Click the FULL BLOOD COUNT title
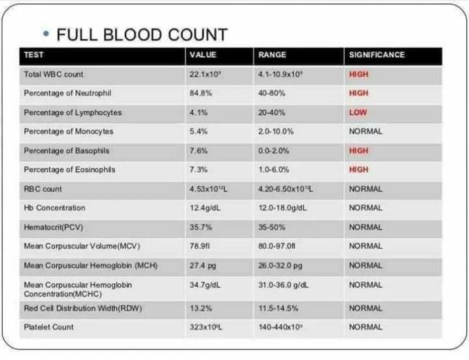141,34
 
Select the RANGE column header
272,55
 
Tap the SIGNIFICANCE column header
377,55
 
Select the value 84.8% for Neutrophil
201,93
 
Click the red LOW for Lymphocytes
358,112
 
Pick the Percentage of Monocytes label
68,131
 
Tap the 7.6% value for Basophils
198,150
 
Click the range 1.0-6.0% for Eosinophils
275,170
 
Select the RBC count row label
43,189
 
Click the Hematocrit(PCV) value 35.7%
199,227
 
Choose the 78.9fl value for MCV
199,246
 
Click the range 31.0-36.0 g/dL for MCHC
283,284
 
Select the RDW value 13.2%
199,308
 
